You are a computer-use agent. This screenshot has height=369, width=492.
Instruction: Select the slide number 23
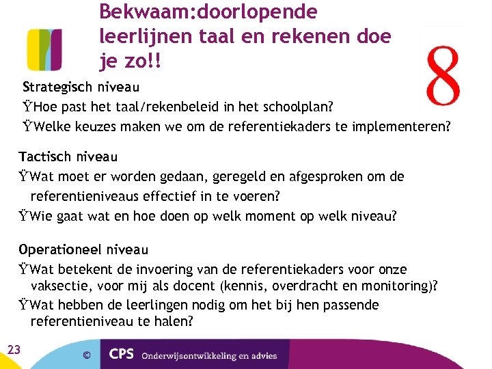(14, 350)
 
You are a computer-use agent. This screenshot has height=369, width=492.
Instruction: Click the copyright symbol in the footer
(87, 355)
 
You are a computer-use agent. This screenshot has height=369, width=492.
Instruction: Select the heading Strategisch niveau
(81, 87)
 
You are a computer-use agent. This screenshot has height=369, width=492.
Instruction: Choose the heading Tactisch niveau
(68, 156)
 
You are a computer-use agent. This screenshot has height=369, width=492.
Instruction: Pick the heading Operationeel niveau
(83, 249)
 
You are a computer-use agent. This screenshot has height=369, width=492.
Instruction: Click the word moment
(258, 216)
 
